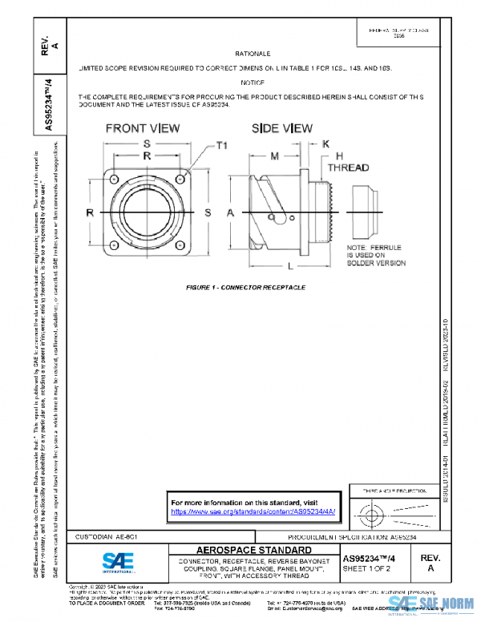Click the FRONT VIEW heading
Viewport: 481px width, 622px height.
tap(143, 128)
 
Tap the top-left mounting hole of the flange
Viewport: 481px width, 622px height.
tap(113, 178)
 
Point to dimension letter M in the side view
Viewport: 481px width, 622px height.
tap(274, 154)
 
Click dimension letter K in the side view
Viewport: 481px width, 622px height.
tap(326, 143)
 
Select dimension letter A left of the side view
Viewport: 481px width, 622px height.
tap(229, 212)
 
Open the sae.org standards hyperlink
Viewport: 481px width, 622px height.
tap(253, 511)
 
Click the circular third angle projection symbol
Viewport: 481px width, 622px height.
tap(370, 511)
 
